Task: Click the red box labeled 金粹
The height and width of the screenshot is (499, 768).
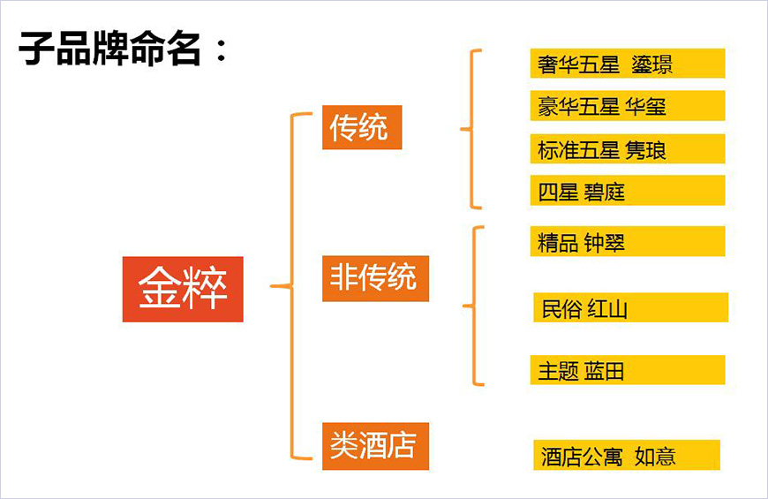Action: coord(183,289)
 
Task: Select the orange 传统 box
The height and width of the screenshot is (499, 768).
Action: coord(362,127)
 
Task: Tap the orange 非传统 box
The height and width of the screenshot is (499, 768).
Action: coord(375,278)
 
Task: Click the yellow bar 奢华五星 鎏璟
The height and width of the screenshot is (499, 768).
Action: coord(628,64)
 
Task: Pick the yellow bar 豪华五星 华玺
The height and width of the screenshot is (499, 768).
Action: coord(628,106)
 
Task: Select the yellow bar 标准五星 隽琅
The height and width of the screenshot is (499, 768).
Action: coord(628,148)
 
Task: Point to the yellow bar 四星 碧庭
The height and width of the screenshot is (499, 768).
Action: coord(628,191)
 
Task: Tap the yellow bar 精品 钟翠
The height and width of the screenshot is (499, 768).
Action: coord(628,241)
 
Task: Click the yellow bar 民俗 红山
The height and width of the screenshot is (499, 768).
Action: coord(630,308)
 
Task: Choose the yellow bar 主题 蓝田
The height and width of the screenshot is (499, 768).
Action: coord(628,370)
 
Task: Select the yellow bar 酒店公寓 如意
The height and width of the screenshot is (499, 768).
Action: coord(627,456)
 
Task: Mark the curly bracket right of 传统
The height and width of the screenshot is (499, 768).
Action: coord(471,130)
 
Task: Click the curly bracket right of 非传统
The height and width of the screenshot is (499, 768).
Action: coord(475,306)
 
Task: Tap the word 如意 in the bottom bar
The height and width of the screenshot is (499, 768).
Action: coord(655,457)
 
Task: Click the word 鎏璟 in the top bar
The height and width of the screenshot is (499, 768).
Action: coord(653,64)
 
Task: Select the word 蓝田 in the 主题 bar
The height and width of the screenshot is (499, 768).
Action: coord(604,371)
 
